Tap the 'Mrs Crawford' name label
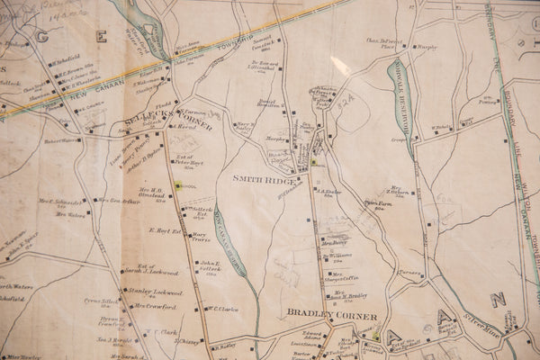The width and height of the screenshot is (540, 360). tap(155, 306)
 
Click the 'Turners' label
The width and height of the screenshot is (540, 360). tap(409, 272)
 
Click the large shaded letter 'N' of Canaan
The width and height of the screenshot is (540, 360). tap(498, 299)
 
